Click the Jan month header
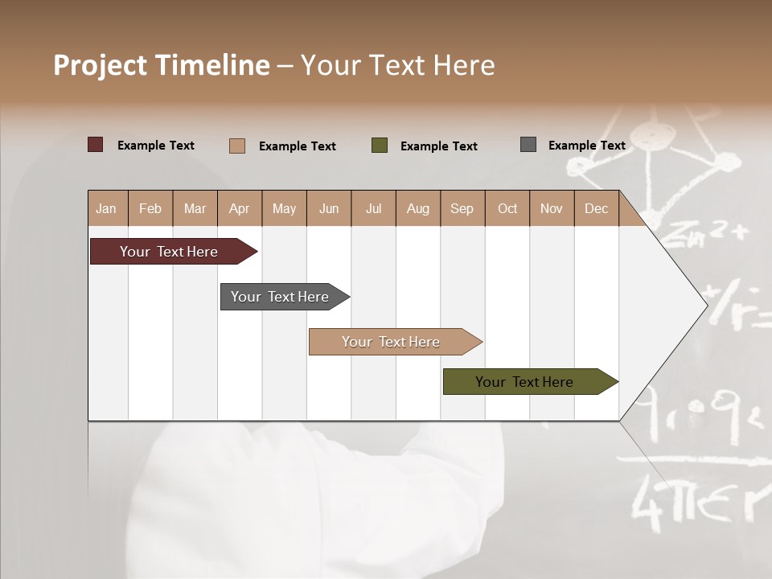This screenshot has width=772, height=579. [106, 209]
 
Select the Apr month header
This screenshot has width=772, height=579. [240, 209]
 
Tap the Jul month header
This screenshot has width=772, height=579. [373, 209]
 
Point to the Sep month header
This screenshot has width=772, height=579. [462, 209]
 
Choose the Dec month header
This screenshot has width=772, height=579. [596, 209]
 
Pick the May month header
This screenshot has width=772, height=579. [284, 209]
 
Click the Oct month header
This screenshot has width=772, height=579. [507, 209]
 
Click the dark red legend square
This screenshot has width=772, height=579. [96, 145]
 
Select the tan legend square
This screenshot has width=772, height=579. [237, 146]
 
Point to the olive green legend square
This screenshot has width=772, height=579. [380, 146]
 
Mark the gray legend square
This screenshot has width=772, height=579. [528, 145]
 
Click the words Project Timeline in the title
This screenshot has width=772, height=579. [162, 65]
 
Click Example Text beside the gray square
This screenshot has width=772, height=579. [586, 146]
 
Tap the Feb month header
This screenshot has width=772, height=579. [150, 209]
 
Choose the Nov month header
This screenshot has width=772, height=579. [552, 209]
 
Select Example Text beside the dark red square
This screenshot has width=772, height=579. [156, 146]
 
